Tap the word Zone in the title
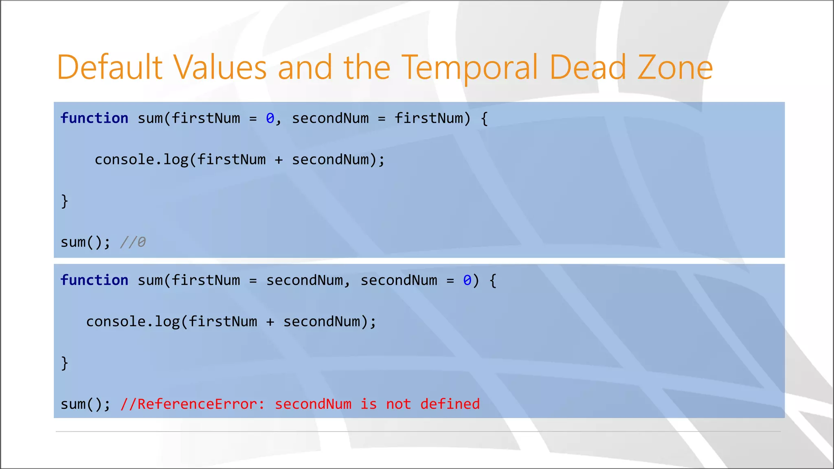675,68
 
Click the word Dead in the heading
587,68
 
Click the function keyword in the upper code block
94,118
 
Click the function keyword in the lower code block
94,281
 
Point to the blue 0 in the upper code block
270,118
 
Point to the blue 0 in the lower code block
467,281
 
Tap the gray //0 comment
133,242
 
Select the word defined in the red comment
450,404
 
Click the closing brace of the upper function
64,201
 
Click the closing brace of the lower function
64,363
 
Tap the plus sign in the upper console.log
279,160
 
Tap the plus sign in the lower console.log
270,322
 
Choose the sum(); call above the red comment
85,404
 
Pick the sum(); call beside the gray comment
85,242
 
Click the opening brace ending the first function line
484,118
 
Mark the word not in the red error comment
398,404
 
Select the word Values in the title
220,68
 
